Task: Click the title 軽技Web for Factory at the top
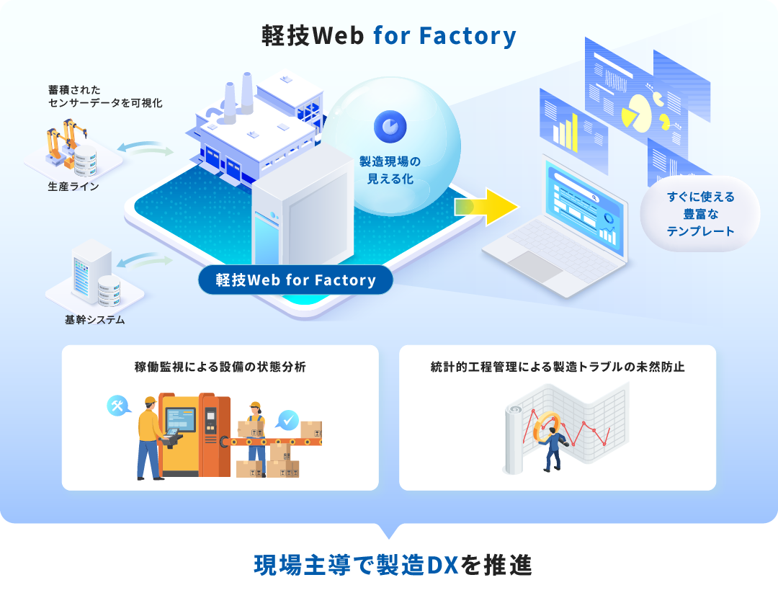[389, 36]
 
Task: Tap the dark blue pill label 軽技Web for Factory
[295, 280]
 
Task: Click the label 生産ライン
[73, 187]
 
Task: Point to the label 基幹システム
[94, 320]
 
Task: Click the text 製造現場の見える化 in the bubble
[390, 170]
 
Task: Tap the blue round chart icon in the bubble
[390, 126]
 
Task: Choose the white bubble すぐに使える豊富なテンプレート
[699, 214]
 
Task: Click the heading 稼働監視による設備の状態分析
[220, 367]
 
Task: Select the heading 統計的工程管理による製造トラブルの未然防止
[558, 367]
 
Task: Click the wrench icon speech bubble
[117, 406]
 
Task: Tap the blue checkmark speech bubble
[287, 419]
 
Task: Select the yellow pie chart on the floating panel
[638, 110]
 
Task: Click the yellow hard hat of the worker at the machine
[150, 401]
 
